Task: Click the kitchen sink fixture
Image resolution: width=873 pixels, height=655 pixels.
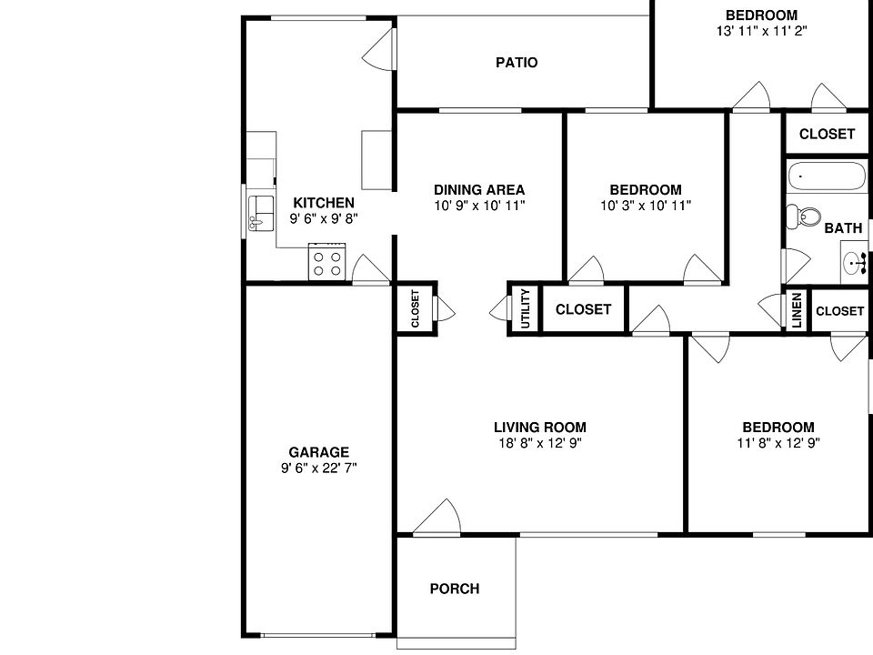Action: point(261,211)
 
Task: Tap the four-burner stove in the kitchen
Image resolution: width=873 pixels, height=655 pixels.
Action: point(327,262)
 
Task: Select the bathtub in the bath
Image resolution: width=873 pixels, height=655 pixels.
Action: point(827,176)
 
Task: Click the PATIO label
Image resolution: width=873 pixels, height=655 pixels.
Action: point(517,63)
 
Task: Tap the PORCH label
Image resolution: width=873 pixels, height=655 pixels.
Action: point(454,589)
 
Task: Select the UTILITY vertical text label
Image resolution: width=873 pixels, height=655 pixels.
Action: point(525,309)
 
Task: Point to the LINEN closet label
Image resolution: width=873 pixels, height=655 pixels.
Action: point(797,310)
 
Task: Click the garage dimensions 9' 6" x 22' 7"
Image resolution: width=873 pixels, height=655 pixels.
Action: point(318,469)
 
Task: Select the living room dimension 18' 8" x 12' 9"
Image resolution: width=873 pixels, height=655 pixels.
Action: point(539,444)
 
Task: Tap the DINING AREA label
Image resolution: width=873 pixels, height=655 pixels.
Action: point(478,190)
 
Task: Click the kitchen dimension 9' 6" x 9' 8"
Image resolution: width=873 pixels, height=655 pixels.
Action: point(323,219)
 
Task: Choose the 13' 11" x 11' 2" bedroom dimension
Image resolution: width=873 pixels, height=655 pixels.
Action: point(761,31)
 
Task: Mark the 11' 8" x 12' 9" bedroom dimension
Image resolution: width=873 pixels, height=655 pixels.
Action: point(778,444)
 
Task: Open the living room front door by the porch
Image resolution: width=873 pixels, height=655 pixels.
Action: point(437,518)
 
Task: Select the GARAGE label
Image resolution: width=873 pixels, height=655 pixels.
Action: point(318,452)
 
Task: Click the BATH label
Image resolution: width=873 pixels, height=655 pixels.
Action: point(843,229)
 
